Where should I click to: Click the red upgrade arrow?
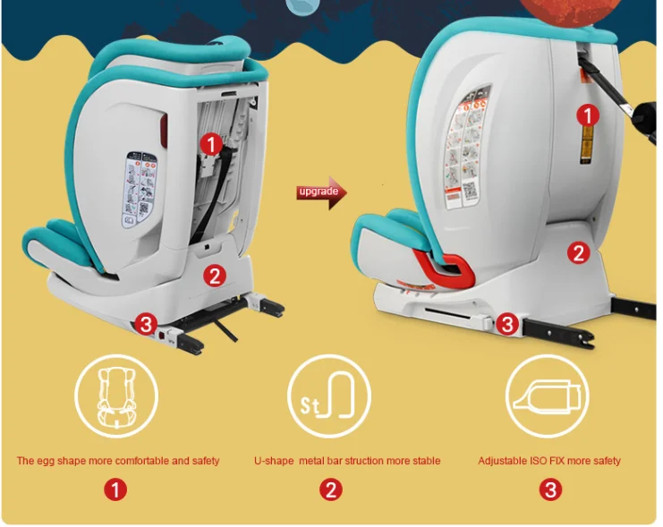point(321,192)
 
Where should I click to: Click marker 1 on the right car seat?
point(587,115)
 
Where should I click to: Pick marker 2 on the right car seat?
point(579,253)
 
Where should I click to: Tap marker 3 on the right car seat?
point(507,324)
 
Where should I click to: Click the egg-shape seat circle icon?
point(116,395)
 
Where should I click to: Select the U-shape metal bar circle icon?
point(329,395)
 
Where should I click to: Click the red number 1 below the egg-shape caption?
point(116,489)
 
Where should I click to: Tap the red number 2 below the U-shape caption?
point(331,489)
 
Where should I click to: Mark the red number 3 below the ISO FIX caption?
point(550,489)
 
